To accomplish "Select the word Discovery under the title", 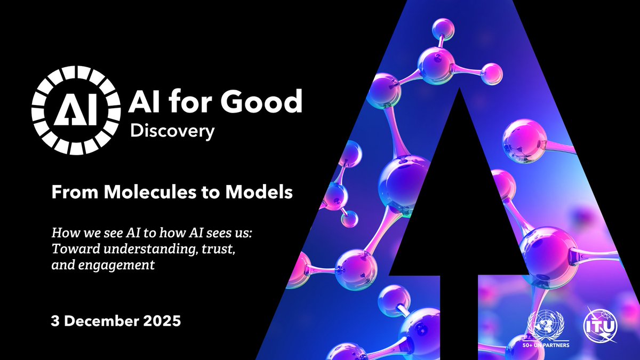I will (x=173, y=131).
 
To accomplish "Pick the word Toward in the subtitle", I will (x=70, y=249).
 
